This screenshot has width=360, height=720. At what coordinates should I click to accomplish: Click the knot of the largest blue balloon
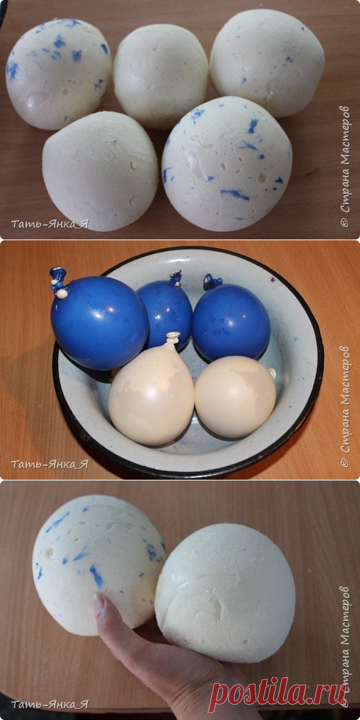(59, 282)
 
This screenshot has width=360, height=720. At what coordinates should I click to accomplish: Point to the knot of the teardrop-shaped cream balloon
(172, 339)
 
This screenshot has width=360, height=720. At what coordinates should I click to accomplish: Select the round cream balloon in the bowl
(235, 397)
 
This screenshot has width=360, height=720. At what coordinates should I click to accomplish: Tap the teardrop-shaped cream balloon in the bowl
(152, 393)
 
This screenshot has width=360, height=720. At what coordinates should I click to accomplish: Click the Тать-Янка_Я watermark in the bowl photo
(50, 465)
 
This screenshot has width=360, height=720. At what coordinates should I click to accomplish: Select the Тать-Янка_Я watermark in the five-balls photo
(50, 224)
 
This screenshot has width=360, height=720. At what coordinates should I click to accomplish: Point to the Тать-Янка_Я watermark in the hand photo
(50, 704)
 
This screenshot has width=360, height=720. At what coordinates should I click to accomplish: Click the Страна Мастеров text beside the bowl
(345, 408)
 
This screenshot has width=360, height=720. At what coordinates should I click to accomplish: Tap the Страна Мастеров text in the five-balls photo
(345, 166)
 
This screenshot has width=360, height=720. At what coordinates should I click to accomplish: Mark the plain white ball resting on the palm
(225, 593)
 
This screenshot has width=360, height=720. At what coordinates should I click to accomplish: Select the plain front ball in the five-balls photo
(100, 171)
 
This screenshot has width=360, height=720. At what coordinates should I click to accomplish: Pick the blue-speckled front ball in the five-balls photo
(227, 163)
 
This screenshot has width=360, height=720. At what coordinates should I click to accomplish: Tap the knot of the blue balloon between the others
(176, 278)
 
